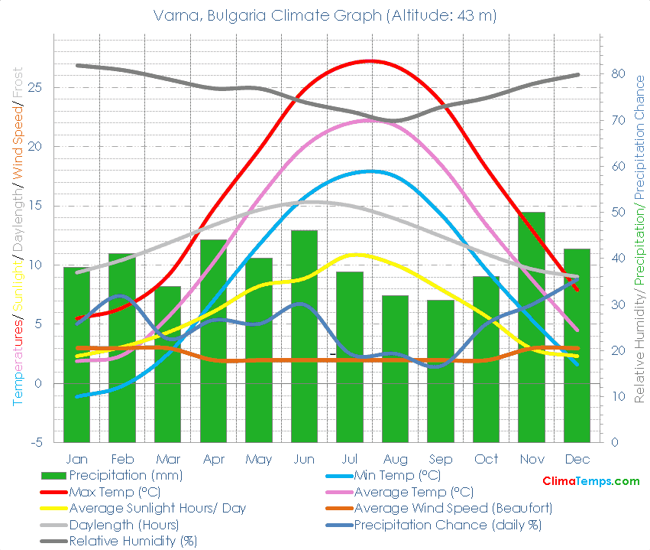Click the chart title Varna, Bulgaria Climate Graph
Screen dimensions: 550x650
(x=325, y=15)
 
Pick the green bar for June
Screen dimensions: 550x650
(x=304, y=337)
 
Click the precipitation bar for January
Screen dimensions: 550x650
(x=76, y=355)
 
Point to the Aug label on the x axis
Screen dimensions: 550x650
(x=395, y=459)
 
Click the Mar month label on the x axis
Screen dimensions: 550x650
(x=167, y=459)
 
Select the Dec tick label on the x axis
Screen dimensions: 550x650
(x=577, y=459)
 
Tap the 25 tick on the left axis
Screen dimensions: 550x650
(x=35, y=87)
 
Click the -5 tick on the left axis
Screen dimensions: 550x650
(x=36, y=443)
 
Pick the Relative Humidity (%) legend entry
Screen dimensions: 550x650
(x=132, y=542)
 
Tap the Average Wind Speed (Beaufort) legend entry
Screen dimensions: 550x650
(x=453, y=509)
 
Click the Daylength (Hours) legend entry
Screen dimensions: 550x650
(x=123, y=526)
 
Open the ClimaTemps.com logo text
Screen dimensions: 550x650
(x=590, y=481)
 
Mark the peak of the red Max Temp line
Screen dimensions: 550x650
(x=370, y=60)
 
